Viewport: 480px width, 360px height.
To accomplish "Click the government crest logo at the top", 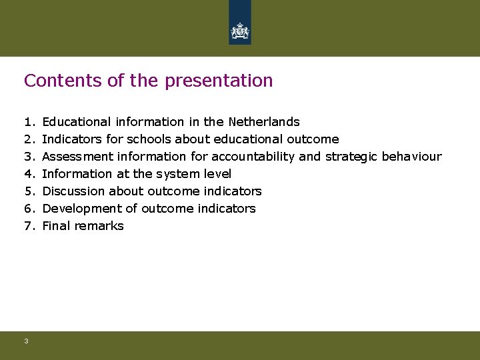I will tap(239, 30).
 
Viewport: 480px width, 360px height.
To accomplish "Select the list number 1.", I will tap(28, 122).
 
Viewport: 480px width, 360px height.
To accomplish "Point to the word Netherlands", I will tap(264, 122).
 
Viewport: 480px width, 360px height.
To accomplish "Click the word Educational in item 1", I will tap(76, 122).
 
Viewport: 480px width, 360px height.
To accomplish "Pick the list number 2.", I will tap(28, 139).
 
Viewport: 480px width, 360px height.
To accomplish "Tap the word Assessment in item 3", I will tap(75, 157).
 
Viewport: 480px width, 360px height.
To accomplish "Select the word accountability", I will tap(253, 157).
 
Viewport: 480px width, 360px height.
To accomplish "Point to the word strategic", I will tap(351, 157).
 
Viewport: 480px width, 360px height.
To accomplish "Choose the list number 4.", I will tap(28, 174).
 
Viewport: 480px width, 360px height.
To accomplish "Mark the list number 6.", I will tap(28, 209).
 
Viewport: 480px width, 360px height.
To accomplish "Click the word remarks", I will tap(99, 226).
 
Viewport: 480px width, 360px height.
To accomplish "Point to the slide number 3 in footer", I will tap(26, 341).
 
